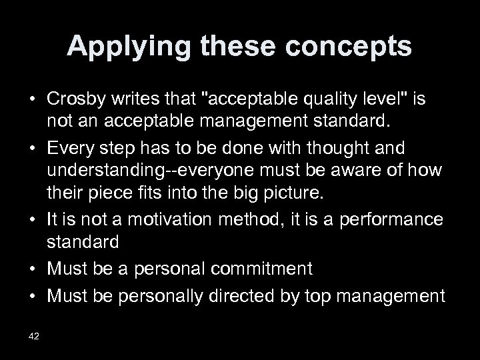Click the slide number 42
[x=33, y=335]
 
